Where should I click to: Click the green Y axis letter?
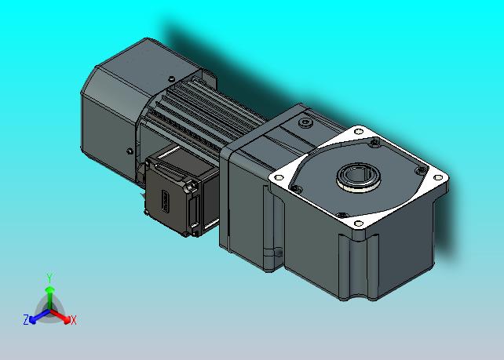click(x=49, y=278)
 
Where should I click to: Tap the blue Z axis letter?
click(x=26, y=319)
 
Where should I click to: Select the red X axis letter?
click(x=74, y=320)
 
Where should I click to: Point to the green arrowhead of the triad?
click(x=49, y=290)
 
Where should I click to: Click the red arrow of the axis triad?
click(x=60, y=315)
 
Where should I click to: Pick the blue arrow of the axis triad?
click(x=39, y=316)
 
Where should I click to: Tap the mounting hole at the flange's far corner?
click(x=359, y=131)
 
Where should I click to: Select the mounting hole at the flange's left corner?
click(x=279, y=177)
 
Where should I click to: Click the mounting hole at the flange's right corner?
click(x=438, y=177)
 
